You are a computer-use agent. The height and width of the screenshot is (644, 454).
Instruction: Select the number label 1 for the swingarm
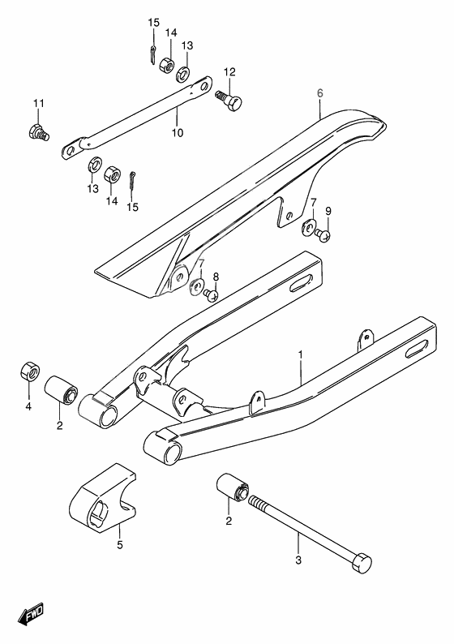coord(300,354)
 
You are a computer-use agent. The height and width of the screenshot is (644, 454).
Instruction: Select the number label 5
coord(119,545)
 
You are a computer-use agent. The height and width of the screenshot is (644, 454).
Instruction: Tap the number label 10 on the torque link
coord(177,132)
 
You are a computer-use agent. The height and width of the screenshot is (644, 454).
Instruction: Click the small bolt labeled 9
coord(324,235)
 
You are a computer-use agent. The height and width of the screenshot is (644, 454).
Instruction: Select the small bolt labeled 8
coord(212,296)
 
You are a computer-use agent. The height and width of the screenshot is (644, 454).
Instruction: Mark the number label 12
coord(229,71)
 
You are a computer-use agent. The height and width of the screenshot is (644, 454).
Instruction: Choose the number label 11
coord(37,103)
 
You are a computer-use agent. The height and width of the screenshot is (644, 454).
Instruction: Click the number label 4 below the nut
coord(27,407)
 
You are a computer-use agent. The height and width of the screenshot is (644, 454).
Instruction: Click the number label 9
coord(328,212)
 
